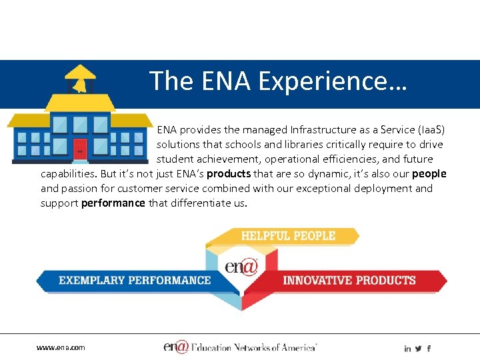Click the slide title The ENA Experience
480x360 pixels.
click(x=278, y=81)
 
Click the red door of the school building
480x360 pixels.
click(x=80, y=149)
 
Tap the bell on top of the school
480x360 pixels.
click(x=79, y=82)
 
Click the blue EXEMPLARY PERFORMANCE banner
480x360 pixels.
click(x=133, y=281)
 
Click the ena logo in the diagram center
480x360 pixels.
click(x=241, y=267)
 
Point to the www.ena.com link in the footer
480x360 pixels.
click(x=61, y=347)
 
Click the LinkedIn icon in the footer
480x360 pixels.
click(x=407, y=349)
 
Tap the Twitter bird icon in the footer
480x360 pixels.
click(x=418, y=349)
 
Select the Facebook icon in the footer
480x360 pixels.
click(x=429, y=349)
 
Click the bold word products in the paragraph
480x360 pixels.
click(x=229, y=174)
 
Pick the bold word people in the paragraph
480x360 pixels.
click(x=429, y=174)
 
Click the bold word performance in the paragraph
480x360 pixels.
click(x=113, y=203)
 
